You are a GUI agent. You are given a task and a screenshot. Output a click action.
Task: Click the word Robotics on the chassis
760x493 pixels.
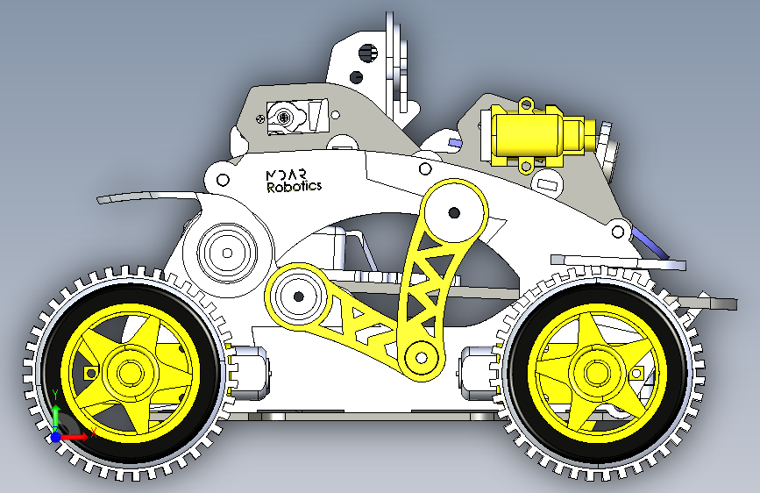(295, 187)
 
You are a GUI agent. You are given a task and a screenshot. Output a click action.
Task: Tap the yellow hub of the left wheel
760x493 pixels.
(130, 373)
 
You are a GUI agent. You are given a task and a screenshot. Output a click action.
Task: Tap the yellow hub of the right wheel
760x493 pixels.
(597, 373)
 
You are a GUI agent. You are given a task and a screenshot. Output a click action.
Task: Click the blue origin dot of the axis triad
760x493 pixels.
(56, 437)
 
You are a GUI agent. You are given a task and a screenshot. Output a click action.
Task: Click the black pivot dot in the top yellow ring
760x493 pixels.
(454, 212)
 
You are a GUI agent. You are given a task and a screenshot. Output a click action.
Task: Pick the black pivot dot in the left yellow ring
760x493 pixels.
(299, 296)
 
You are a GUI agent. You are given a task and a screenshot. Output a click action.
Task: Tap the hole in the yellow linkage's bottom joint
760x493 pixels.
(421, 358)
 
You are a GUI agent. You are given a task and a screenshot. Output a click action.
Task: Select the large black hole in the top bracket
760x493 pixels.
(368, 53)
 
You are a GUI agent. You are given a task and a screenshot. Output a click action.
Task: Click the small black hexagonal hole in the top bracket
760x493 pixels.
(356, 76)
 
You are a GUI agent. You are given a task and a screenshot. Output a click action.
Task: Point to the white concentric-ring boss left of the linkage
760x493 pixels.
(227, 253)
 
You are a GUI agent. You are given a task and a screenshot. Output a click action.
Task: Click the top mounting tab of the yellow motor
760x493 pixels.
(526, 104)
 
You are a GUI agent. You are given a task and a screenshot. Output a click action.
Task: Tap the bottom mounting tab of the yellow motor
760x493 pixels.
(526, 166)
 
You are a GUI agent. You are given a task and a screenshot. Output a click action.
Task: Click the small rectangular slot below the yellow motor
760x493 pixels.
(547, 184)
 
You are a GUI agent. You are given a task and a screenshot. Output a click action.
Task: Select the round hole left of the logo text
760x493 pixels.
(223, 180)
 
